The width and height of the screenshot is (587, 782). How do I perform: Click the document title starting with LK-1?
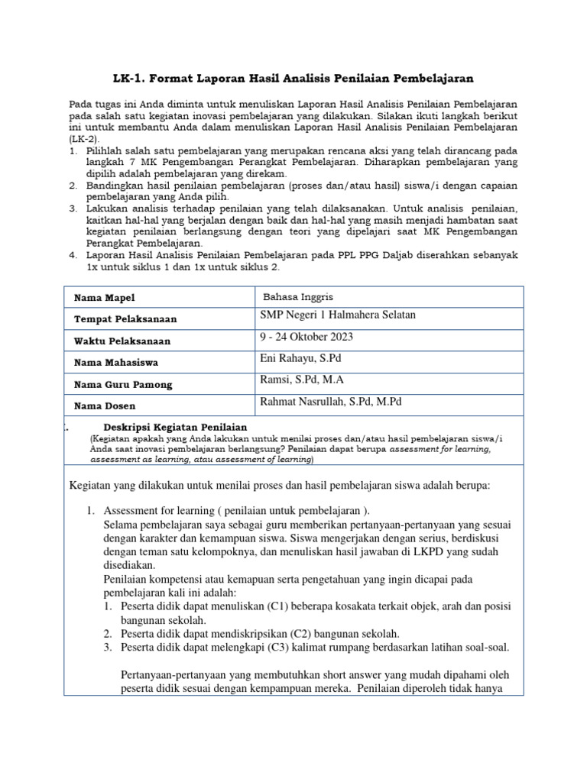293,78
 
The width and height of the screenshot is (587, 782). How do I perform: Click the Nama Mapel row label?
104,298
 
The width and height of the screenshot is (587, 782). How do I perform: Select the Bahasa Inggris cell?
298,296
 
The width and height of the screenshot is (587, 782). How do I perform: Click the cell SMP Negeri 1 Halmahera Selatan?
339,315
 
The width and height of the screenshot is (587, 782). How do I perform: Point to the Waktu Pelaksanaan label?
122,341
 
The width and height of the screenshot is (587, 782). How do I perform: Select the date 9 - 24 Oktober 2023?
307,337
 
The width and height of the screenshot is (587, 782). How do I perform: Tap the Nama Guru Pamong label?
122,385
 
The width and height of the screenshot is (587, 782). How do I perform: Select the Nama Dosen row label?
104,406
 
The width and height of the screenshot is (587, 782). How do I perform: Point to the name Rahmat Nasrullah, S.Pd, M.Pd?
331,402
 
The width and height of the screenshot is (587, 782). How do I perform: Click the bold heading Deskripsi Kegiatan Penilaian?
174,427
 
